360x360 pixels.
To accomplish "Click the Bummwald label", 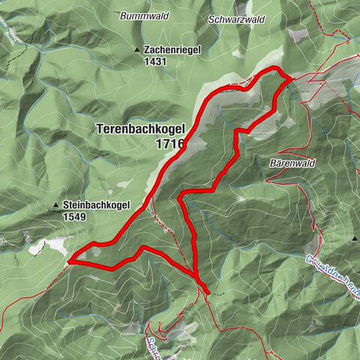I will click(136, 15).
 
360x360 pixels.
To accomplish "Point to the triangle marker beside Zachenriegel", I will click(136, 50).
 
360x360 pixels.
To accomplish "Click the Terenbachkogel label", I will click(140, 128).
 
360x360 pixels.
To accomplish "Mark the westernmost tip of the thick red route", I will click(69, 261).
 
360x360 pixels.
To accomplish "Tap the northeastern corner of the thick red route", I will click(289, 78).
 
